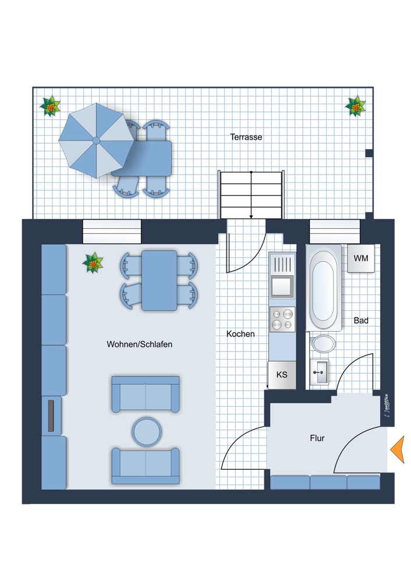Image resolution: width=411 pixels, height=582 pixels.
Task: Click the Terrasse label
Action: pos(246,137)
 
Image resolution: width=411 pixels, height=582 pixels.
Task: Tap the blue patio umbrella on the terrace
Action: pos(96,140)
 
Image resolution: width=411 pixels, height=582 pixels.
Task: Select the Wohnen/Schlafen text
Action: pos(139,344)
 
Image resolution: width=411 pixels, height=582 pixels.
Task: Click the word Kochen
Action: pos(240,333)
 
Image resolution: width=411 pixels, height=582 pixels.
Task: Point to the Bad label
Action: pos(361,320)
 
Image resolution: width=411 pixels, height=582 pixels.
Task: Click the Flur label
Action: pos(317,438)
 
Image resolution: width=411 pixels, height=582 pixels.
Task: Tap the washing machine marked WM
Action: pos(361,258)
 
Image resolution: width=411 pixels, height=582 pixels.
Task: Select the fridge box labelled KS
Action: pos(282,375)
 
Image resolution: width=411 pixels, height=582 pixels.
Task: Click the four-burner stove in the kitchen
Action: pos(282,320)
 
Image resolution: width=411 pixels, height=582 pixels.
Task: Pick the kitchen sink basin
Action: pos(282,286)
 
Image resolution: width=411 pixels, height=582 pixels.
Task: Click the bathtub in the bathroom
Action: pos(323,288)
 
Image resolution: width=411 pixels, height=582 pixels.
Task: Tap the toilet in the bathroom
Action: pos(323,344)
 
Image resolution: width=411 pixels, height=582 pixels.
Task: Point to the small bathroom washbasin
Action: pos(319,371)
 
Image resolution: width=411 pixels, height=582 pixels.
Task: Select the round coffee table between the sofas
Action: pos(147,432)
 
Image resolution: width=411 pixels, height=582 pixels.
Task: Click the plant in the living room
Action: pos(93,263)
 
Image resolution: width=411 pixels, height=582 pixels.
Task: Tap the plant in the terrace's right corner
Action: pos(355,107)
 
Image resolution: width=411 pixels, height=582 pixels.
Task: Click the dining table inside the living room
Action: pos(160,281)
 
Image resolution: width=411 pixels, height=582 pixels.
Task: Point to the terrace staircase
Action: pos(251,195)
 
